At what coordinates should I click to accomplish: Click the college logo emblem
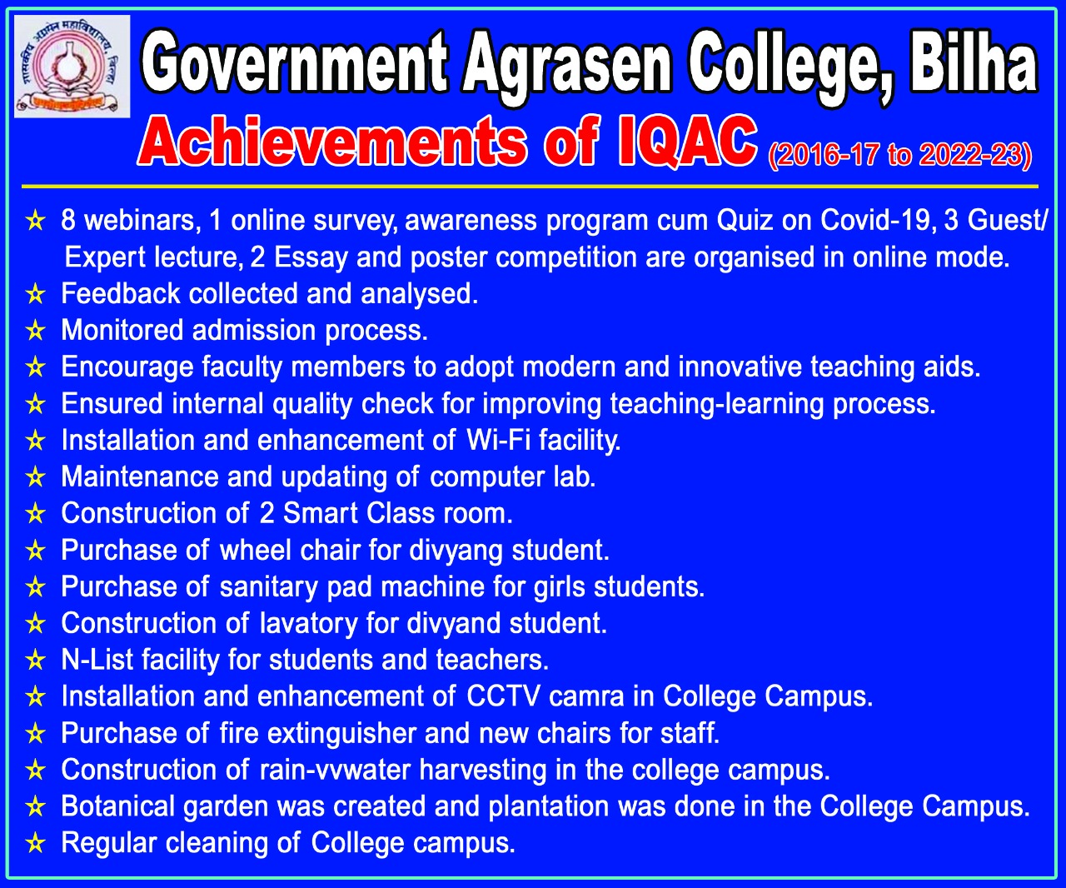pos(72,67)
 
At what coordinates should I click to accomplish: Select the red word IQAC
pos(688,141)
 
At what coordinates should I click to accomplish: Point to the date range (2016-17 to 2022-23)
pos(900,154)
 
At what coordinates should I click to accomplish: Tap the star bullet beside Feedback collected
pos(35,295)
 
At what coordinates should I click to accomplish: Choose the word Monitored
pos(122,330)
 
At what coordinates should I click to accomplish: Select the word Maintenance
pos(140,476)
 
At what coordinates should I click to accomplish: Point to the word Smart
pos(321,512)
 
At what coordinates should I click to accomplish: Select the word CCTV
pos(503,696)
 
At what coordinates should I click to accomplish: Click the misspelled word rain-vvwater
pos(335,770)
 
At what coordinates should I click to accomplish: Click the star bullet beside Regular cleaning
pos(35,844)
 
